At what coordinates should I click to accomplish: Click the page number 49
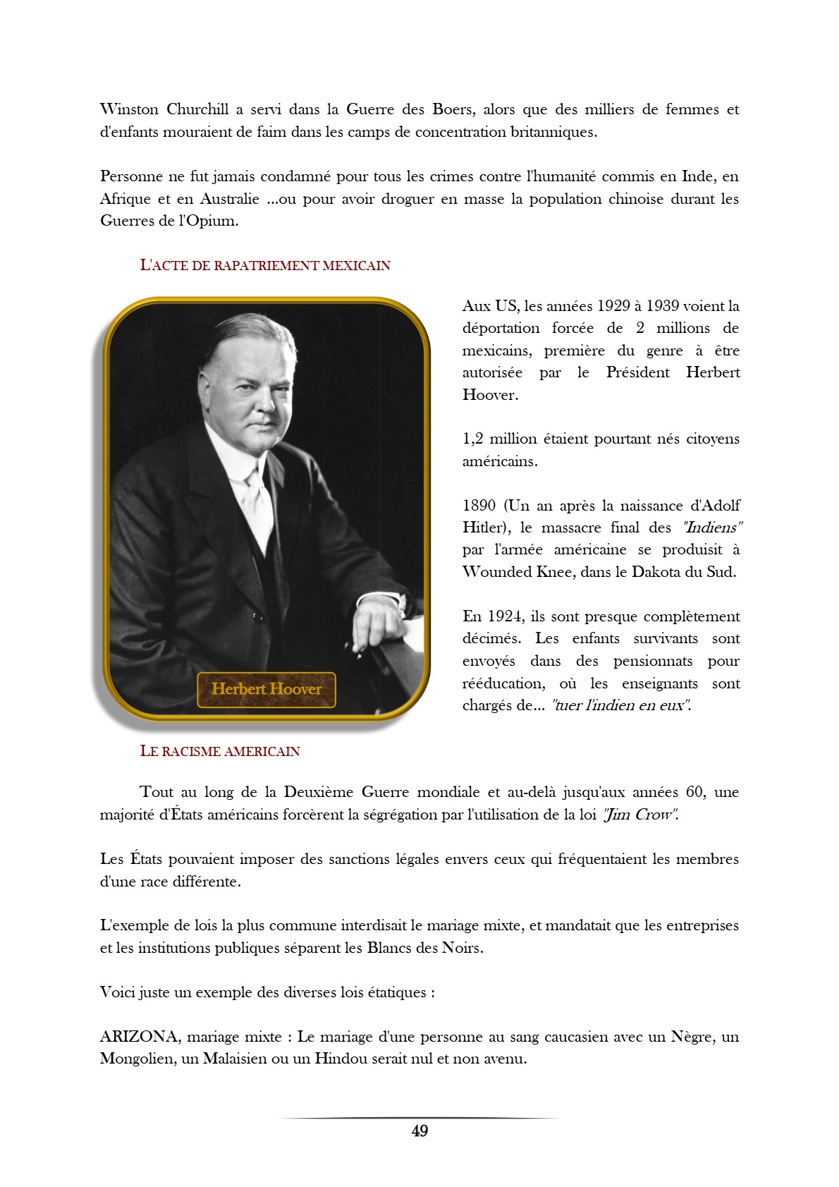420,1131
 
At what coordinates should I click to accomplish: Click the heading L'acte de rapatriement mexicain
265,266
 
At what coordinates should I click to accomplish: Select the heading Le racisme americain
220,751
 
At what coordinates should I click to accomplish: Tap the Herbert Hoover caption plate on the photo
267,689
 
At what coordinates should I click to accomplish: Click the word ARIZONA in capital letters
139,1037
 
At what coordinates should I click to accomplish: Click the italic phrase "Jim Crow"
639,815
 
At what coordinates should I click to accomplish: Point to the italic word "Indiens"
712,528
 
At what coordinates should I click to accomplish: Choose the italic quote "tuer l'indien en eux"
620,705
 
